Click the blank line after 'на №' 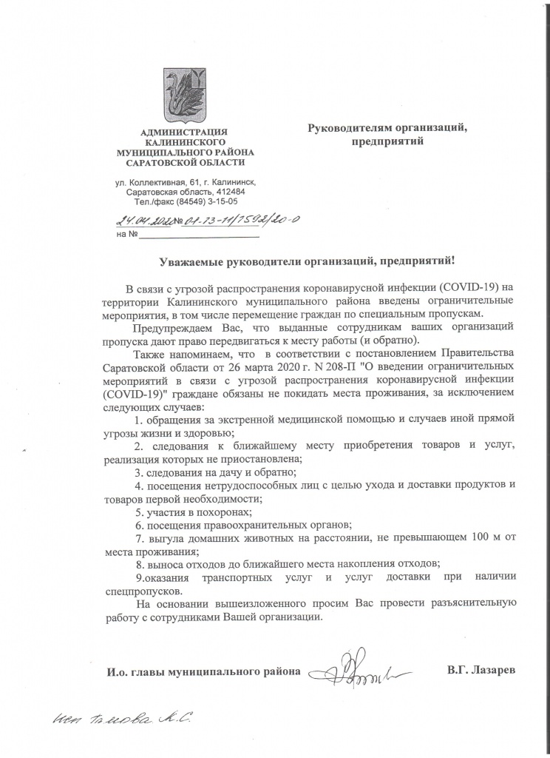200,235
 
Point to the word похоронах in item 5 222,512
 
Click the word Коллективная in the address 160,181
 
